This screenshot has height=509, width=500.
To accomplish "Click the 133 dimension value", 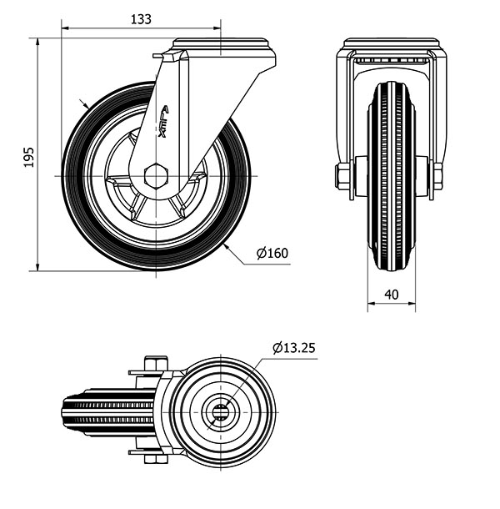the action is click(x=141, y=19).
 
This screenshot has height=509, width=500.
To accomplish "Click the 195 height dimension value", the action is click(x=29, y=158).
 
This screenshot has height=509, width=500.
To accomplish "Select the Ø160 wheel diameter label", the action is click(x=272, y=253).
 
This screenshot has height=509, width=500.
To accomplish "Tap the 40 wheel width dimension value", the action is click(x=392, y=295).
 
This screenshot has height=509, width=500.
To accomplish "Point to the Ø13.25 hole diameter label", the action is click(x=294, y=348).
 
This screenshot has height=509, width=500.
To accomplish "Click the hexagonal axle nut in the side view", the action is click(x=156, y=176).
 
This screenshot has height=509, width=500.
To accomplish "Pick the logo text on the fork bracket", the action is click(x=163, y=121).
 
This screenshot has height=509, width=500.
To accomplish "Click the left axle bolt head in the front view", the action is click(x=342, y=176).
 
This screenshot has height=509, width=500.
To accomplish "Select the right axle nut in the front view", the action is click(x=437, y=176).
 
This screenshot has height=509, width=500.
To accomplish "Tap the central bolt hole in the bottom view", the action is click(x=221, y=412).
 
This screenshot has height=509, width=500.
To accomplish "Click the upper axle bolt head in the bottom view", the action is click(x=157, y=363).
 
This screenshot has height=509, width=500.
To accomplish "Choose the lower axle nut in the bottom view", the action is click(x=157, y=459).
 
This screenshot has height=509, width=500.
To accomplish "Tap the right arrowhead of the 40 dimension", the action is click(x=412, y=304).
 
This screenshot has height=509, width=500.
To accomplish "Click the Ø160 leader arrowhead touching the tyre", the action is click(x=227, y=247).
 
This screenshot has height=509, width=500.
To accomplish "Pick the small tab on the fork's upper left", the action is click(x=159, y=56).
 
